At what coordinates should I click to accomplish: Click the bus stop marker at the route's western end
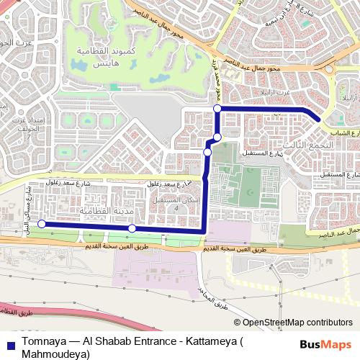41,224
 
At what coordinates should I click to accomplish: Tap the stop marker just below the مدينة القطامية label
132,228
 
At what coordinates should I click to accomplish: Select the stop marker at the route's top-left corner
217,109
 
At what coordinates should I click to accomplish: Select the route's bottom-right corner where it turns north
206,231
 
